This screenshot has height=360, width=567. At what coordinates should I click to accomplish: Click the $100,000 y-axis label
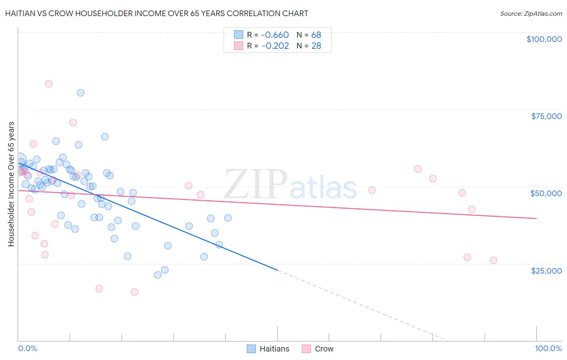pos(544,39)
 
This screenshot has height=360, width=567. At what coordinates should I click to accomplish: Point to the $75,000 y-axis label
pos(546,116)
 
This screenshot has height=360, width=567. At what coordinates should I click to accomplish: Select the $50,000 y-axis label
pos(546,193)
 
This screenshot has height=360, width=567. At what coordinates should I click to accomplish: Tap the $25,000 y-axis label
pos(546,270)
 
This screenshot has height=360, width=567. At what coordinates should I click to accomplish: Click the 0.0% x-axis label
pos(27,348)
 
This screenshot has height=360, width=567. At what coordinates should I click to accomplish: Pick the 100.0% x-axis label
pos(548,348)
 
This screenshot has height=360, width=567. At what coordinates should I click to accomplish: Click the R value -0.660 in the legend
pos(275,35)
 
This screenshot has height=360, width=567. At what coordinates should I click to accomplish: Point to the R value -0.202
pos(275,46)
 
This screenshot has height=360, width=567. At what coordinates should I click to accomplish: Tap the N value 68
pos(316,35)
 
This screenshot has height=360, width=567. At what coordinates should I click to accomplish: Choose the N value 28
pos(316,46)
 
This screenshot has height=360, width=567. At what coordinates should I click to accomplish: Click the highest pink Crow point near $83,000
pos(49,84)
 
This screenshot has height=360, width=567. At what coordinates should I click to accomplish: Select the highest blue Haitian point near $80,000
pos(81,93)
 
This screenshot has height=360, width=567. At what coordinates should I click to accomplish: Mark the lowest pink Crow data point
pos(135,292)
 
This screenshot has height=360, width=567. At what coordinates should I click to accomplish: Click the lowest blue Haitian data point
pos(158,275)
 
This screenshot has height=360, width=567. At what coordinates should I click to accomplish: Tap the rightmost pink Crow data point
pos(494,260)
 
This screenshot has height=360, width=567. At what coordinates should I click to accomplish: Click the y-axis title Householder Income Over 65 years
pos(11,184)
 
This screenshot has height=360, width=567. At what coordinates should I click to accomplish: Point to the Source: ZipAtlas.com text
pos(531,13)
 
